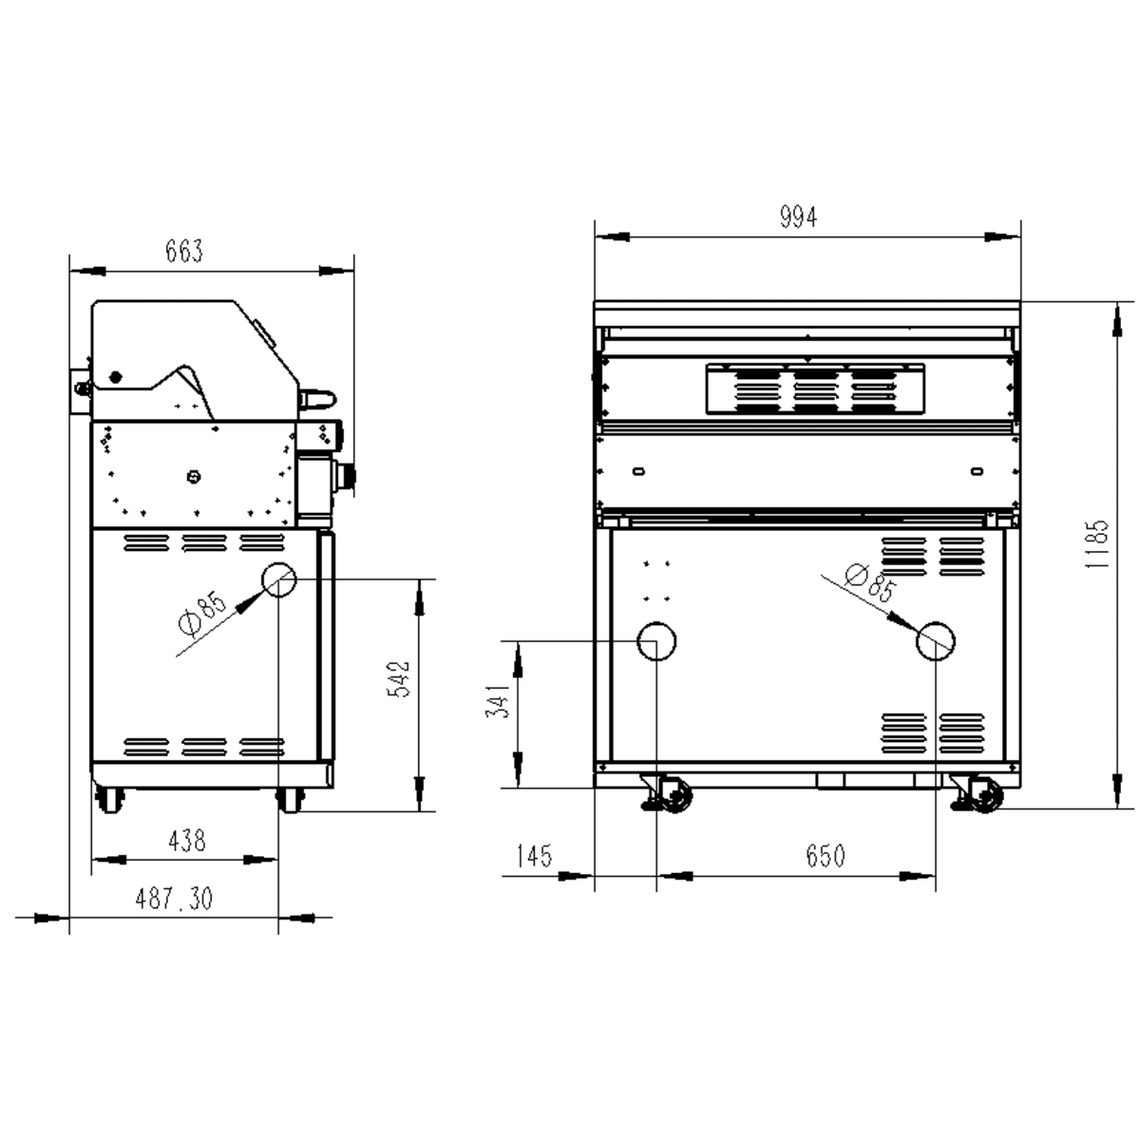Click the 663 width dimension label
[x=184, y=251]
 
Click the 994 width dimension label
[x=798, y=217]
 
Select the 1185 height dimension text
[x=1095, y=543]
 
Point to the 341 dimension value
[x=497, y=700]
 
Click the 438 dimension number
[x=187, y=840]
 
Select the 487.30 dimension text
[x=173, y=899]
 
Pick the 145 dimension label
[x=534, y=855]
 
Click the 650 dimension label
[x=826, y=855]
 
